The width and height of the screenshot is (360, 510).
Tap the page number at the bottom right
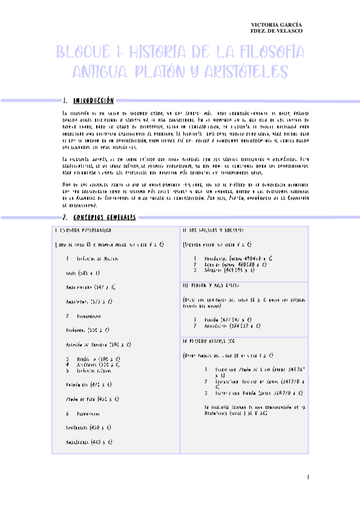click(x=307, y=478)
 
